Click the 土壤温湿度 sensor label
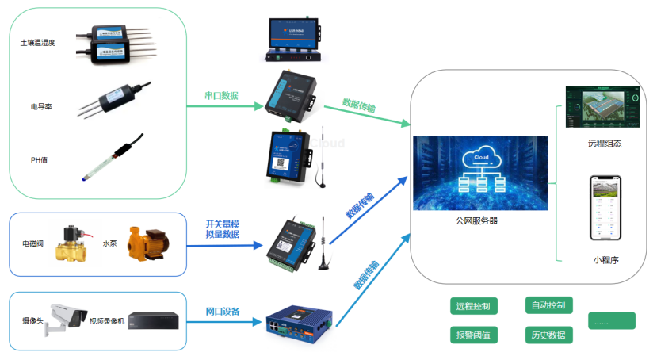point(38,43)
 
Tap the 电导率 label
point(41,105)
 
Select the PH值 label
point(40,159)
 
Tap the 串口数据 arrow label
point(222,96)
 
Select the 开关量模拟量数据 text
point(222,229)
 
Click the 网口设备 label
point(223,311)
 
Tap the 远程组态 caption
point(605,144)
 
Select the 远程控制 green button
point(473,306)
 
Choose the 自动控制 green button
point(548,304)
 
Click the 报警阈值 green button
point(473,335)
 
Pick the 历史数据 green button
point(548,335)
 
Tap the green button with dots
point(611,320)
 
